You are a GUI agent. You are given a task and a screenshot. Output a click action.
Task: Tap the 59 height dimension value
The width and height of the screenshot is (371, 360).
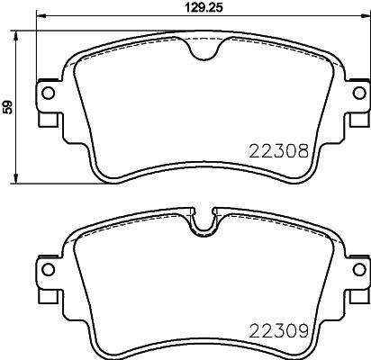coord(8,107)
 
